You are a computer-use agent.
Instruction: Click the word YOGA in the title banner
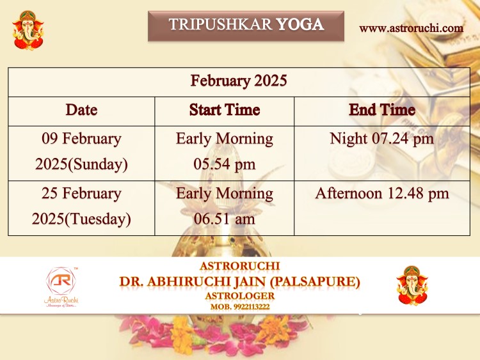pyautogui.click(x=300, y=24)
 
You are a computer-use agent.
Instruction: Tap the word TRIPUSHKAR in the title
pyautogui.click(x=220, y=24)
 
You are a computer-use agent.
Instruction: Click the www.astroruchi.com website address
pyautogui.click(x=411, y=28)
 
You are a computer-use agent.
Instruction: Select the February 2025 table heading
pyautogui.click(x=239, y=81)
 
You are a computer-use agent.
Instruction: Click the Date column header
pyautogui.click(x=81, y=110)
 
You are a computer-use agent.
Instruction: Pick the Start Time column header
pyautogui.click(x=225, y=110)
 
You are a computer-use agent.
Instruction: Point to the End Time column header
pyautogui.click(x=382, y=110)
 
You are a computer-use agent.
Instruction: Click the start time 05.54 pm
pyautogui.click(x=225, y=164)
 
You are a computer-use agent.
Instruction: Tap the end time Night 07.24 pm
pyautogui.click(x=382, y=139)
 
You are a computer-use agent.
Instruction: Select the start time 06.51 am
pyautogui.click(x=225, y=219)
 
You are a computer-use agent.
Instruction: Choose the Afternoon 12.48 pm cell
pyautogui.click(x=382, y=193)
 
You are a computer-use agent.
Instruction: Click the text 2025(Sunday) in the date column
pyautogui.click(x=81, y=164)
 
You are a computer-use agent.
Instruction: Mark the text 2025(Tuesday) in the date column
pyautogui.click(x=81, y=219)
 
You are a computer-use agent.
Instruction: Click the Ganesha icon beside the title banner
pyautogui.click(x=28, y=30)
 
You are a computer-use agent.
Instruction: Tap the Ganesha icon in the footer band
pyautogui.click(x=412, y=286)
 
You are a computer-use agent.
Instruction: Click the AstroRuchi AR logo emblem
pyautogui.click(x=61, y=281)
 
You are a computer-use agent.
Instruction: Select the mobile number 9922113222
pyautogui.click(x=252, y=307)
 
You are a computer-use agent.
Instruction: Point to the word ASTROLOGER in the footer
pyautogui.click(x=240, y=296)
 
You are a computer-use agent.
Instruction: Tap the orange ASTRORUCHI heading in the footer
pyautogui.click(x=240, y=266)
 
